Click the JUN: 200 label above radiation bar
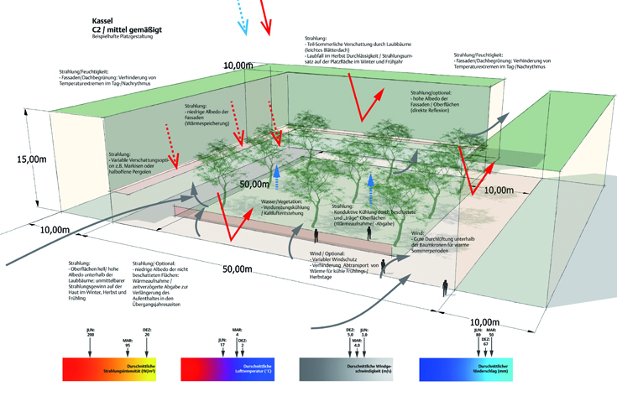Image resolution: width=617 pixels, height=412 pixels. click(x=91, y=333)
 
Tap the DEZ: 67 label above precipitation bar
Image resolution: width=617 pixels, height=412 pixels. click(x=485, y=341)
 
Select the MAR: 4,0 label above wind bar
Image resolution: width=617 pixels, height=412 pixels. click(x=357, y=342)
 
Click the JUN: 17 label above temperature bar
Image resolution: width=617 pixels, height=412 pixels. click(x=222, y=343)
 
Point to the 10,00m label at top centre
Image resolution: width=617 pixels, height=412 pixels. click(x=238, y=65)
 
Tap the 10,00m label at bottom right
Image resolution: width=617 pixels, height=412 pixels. click(x=486, y=322)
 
